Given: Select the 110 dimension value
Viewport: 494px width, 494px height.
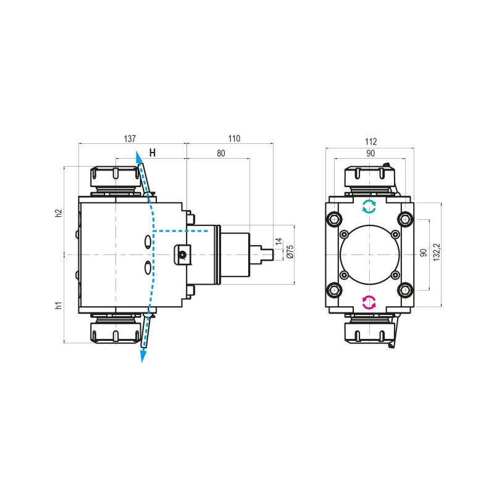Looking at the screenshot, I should coord(233,139).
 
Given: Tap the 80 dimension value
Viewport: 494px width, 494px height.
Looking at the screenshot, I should coord(220,154).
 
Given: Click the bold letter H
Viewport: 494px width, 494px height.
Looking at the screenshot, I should coord(153,153).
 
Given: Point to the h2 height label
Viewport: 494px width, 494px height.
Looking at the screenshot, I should coord(59,212).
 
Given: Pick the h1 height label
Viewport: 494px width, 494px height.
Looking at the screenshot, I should coord(59,305).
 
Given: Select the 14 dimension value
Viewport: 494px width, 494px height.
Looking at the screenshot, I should coord(278,241).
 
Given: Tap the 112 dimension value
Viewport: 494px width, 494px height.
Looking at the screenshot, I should coord(370,141).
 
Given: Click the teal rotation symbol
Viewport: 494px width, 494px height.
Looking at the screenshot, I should coord(369,206).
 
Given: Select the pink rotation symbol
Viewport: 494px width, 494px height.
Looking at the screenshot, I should coord(369,302).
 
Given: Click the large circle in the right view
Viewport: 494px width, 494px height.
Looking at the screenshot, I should coord(369,254).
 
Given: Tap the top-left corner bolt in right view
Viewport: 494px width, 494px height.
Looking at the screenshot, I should coord(335,219).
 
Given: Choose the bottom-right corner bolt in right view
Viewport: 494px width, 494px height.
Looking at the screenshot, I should coord(404,289).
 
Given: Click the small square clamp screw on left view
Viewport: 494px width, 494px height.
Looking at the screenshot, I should coord(182,254).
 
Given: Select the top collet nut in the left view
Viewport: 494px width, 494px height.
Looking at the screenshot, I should coord(115,178).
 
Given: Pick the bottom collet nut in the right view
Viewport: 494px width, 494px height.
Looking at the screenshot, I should coord(369,331).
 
